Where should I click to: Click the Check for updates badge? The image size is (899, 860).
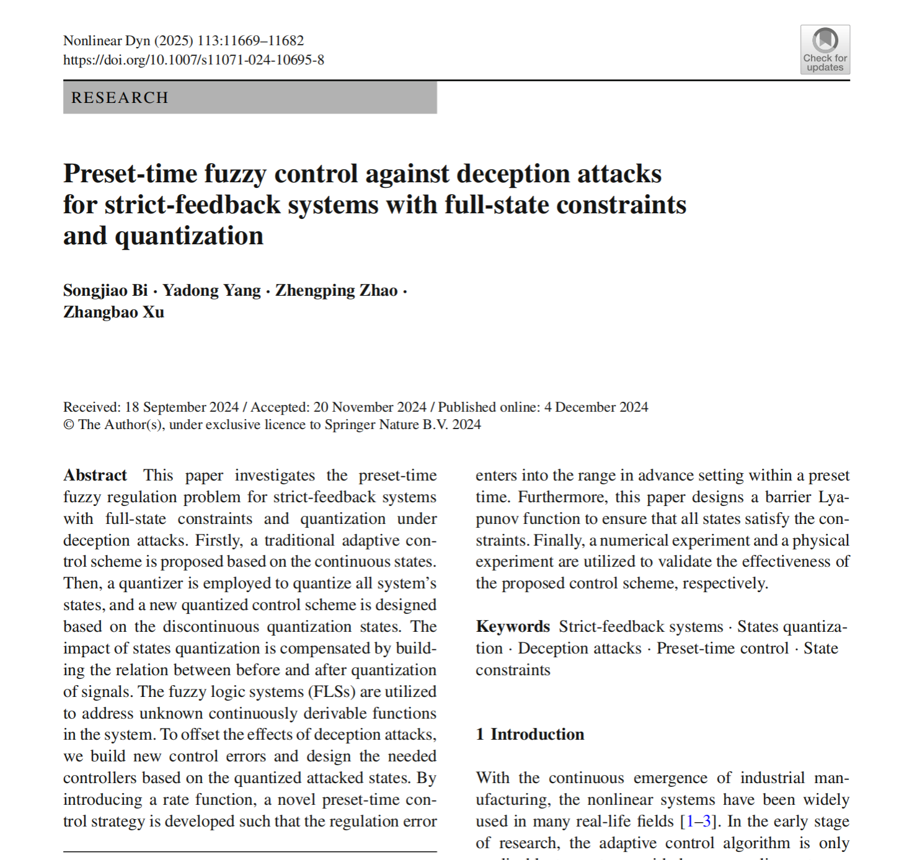click(825, 50)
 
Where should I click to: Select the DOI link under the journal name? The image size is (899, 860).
click(193, 60)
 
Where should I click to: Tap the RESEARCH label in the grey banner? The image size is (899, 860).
click(120, 98)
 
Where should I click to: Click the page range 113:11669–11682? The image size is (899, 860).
click(250, 41)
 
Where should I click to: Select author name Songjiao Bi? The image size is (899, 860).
click(105, 291)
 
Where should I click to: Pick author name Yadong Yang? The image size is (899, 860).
click(211, 291)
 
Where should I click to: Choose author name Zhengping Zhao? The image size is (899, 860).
click(336, 291)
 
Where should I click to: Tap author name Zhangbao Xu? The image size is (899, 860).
click(113, 312)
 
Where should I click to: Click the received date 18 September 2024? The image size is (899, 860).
click(182, 407)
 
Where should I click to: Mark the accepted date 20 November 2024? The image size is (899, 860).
click(370, 407)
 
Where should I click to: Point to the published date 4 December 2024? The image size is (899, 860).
click(596, 407)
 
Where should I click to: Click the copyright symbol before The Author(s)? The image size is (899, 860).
click(69, 425)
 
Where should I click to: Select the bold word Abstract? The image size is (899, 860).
click(95, 476)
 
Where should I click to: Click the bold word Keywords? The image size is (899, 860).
click(513, 627)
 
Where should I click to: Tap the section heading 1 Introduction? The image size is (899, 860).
click(530, 735)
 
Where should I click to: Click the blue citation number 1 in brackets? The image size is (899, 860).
click(689, 822)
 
